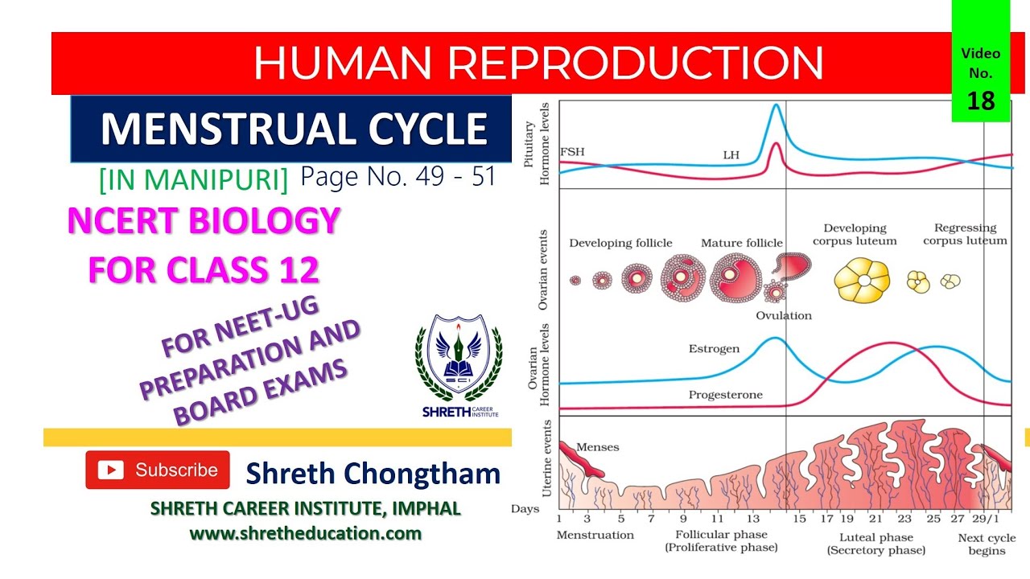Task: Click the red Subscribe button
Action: point(158,470)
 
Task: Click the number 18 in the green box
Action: point(981,101)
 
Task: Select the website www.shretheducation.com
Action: point(305,533)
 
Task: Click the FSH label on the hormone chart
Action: point(572,150)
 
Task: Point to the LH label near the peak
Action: point(730,154)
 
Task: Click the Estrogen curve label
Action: point(714,350)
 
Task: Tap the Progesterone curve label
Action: point(725,395)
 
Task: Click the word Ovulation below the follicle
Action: point(783,315)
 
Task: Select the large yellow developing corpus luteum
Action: point(862,280)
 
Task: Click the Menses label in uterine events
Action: point(598,447)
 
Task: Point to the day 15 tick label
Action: point(798,519)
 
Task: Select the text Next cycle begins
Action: point(987,544)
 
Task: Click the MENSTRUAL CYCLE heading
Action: point(294,129)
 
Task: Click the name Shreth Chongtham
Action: point(373,474)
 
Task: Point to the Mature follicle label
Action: point(741,243)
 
